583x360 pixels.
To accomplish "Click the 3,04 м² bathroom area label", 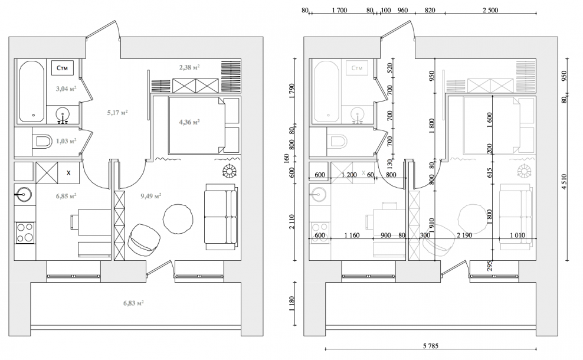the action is pos(66,89).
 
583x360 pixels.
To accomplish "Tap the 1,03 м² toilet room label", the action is pos(66,141).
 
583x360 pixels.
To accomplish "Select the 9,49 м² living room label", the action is pos(151,195).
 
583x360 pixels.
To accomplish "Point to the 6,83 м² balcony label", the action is pos(134,303).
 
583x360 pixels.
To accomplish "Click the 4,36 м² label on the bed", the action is pos(189,122).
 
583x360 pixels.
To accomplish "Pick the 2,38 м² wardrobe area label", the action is pos(189,67).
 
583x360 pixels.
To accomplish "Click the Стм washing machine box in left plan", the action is pos(62,68).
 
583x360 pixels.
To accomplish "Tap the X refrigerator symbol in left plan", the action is pos(68,173).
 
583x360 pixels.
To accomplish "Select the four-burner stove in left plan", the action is pos(25,233).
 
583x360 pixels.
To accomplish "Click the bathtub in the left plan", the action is pos(32,91).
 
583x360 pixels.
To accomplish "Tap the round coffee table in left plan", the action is pos(178,219).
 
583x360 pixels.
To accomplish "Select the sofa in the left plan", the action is pos(221,217).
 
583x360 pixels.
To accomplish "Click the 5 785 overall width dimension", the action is pos(431,346).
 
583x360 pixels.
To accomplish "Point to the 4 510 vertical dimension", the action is pos(564,182).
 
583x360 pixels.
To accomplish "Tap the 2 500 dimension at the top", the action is pos(490,11).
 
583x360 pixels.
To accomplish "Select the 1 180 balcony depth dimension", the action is pos(291,304).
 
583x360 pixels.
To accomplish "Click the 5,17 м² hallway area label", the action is pos(117,112).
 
